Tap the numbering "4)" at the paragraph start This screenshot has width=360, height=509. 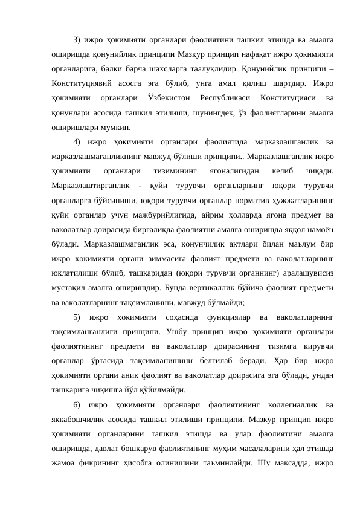click(77, 142)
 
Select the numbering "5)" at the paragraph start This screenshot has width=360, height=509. click(77, 317)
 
